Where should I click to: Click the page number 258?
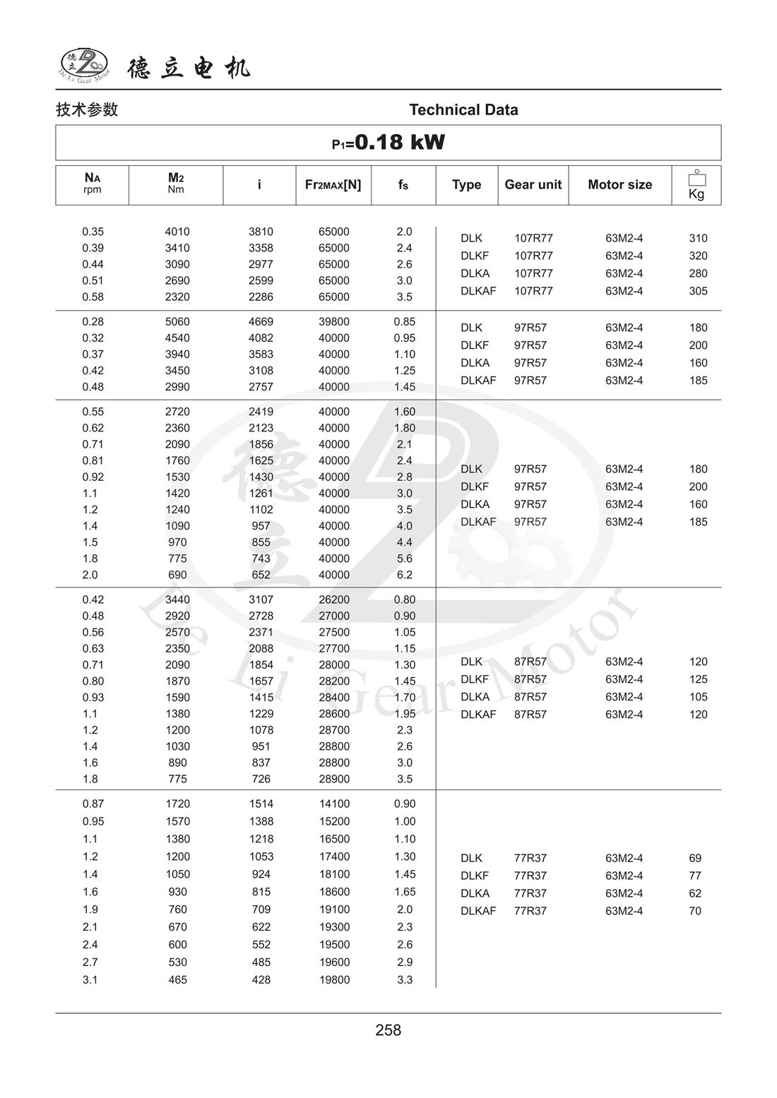[x=388, y=1030]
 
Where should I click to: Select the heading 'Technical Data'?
[x=463, y=109]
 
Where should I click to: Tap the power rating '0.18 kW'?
[x=399, y=142]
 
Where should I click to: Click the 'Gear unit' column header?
[x=533, y=184]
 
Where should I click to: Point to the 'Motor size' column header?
[x=619, y=184]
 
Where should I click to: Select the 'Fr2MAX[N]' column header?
[x=333, y=184]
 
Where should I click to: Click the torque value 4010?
[x=177, y=232]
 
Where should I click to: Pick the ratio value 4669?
[x=261, y=321]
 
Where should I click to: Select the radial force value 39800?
[x=333, y=321]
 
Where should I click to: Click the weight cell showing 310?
[x=698, y=238]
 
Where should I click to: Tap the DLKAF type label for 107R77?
[x=478, y=291]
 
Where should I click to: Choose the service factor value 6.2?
[x=404, y=575]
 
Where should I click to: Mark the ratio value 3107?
[x=261, y=599]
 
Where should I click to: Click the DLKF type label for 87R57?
[x=475, y=679]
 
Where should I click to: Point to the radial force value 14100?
[x=333, y=804]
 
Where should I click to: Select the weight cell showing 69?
[x=695, y=858]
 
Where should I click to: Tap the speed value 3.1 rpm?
[x=90, y=979]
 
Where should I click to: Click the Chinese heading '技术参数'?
[x=87, y=109]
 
